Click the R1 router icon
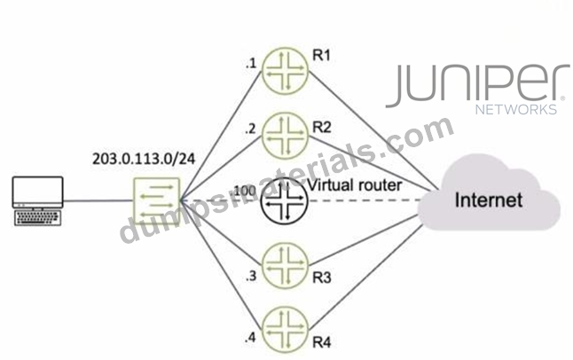(x=285, y=69)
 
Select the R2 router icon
(x=285, y=136)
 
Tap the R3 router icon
(x=285, y=265)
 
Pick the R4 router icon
(x=285, y=330)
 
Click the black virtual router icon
(x=284, y=201)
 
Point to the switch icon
(x=157, y=200)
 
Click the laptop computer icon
(x=37, y=201)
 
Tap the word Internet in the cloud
(x=488, y=200)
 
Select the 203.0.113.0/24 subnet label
(x=144, y=159)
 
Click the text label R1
(x=322, y=56)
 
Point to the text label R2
(x=322, y=128)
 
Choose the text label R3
(x=322, y=278)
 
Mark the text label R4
(x=322, y=343)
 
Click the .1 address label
(x=251, y=64)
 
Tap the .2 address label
(x=250, y=129)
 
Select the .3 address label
(x=251, y=276)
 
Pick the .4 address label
(x=250, y=338)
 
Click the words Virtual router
(x=355, y=185)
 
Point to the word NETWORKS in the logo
(x=516, y=109)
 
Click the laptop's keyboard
(x=37, y=218)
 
